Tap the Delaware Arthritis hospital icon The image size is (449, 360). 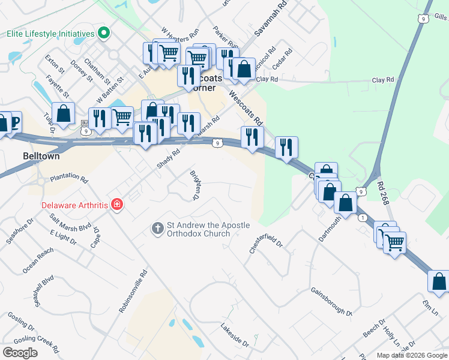117,205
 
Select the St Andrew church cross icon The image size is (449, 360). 157,228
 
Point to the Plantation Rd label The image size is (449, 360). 69,178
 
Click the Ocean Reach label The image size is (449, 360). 37,262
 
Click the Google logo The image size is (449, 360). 20,353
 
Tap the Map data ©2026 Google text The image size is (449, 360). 411,355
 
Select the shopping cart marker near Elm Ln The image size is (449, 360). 394,242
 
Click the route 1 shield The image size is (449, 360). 363,218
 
